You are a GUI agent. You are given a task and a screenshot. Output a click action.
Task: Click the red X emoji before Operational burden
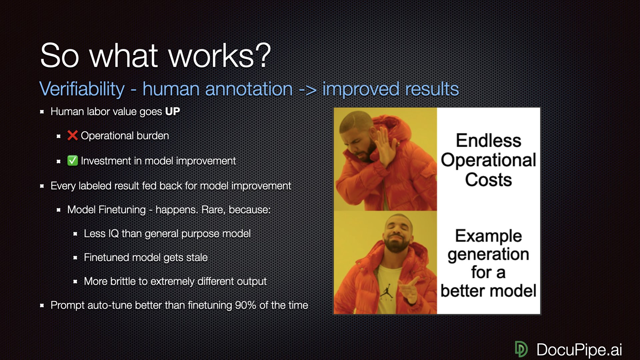72,135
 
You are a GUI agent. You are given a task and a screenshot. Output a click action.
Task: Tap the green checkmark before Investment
72,160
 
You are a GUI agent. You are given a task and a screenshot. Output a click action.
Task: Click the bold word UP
172,111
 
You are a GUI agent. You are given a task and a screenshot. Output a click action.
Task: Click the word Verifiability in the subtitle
82,89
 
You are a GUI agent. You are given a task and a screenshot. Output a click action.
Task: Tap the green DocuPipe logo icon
521,349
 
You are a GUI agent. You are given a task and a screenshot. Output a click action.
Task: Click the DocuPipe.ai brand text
579,350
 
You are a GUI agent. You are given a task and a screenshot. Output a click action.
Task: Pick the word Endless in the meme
488,140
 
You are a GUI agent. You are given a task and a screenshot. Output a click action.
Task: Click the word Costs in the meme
488,180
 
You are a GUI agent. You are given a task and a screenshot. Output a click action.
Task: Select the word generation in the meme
488,255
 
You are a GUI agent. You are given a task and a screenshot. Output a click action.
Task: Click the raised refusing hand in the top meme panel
387,147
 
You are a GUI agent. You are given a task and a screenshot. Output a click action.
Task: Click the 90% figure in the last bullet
245,305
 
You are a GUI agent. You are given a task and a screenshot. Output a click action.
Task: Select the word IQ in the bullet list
113,233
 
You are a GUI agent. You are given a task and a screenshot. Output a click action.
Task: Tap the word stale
197,257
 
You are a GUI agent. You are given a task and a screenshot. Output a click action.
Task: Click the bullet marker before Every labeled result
42,186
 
